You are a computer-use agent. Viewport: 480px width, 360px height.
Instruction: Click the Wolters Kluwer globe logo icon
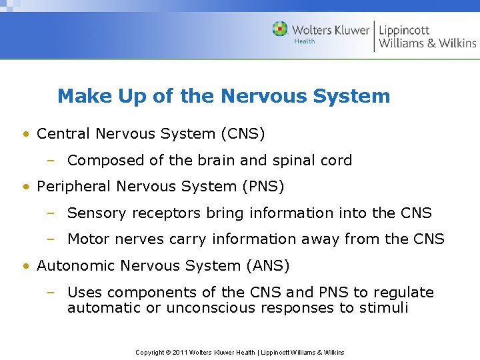(280, 29)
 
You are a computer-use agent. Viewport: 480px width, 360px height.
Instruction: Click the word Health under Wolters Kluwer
(305, 41)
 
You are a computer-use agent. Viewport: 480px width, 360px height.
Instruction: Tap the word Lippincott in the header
(404, 30)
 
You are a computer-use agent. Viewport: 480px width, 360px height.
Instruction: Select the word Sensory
(96, 213)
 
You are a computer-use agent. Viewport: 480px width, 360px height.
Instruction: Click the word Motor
(89, 239)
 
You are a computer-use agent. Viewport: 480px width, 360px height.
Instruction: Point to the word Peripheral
(74, 187)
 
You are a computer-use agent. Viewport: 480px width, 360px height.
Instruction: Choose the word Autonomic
(76, 265)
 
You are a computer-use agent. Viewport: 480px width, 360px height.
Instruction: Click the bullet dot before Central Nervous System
(25, 134)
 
